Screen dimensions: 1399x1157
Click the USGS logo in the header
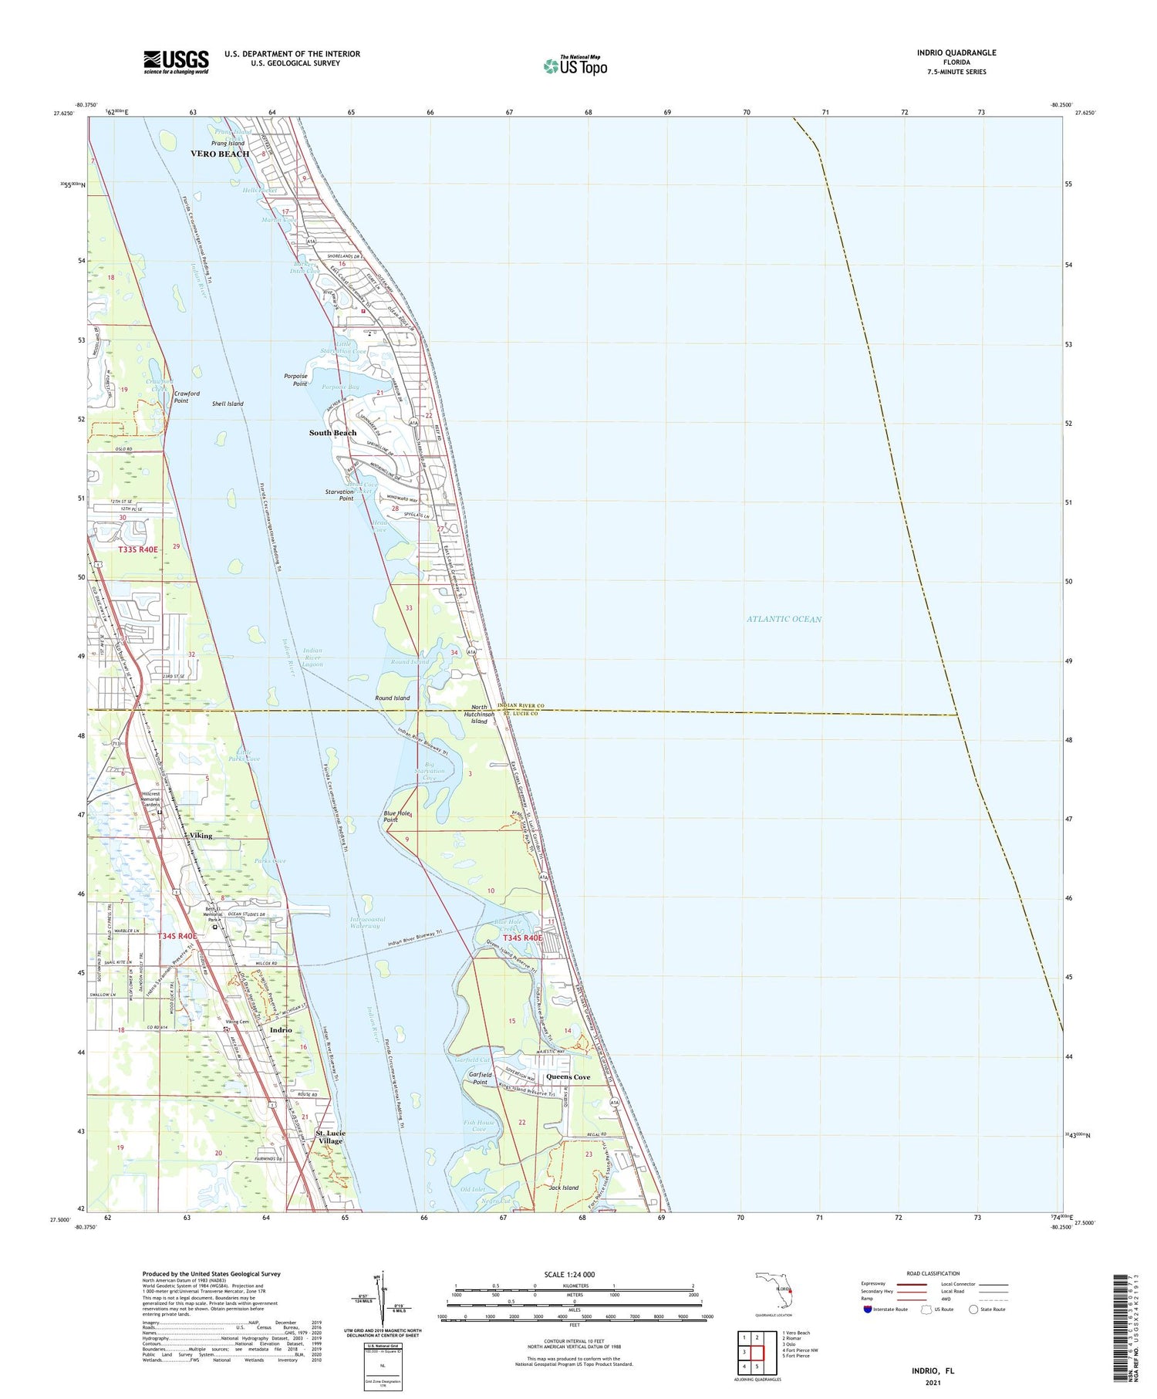coord(176,62)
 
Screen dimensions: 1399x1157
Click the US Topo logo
coord(575,66)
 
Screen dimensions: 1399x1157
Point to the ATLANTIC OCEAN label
coord(784,619)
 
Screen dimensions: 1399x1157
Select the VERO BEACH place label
coord(220,154)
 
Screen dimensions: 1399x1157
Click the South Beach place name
coord(332,433)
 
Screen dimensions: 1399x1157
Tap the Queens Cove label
coord(568,1076)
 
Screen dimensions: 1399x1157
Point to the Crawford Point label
coord(187,397)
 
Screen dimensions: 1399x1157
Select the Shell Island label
coord(228,404)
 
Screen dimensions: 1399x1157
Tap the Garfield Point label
coord(480,1078)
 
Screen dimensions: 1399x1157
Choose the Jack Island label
coord(563,1188)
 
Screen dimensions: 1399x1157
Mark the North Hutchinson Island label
coord(479,714)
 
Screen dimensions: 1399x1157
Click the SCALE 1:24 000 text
coord(574,1274)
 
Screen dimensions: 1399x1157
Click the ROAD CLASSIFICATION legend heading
coord(933,1273)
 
